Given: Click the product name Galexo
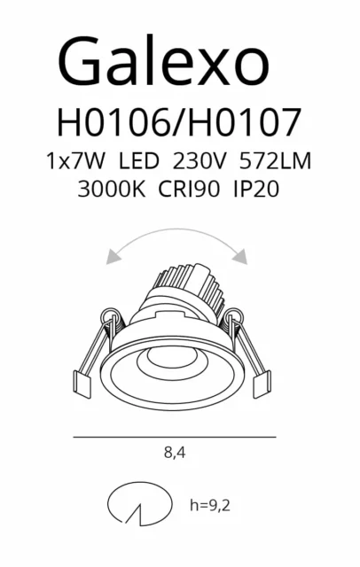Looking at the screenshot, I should tap(163, 61).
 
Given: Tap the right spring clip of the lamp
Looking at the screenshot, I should tap(253, 350).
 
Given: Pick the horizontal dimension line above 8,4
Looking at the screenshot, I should tap(175, 438).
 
